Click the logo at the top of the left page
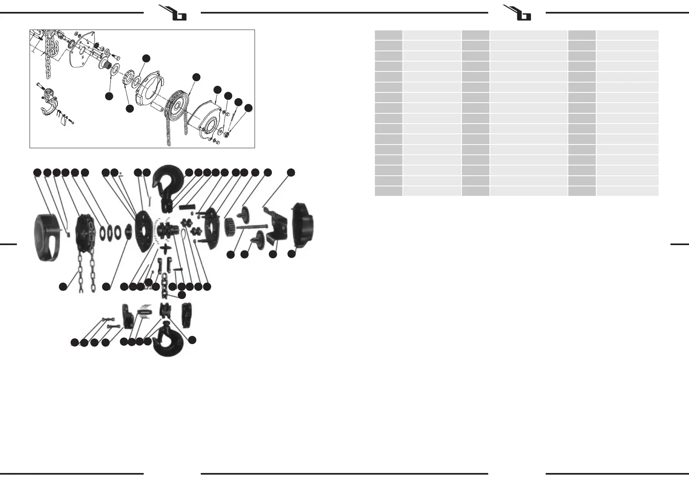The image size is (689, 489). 172,12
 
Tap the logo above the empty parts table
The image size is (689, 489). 517,12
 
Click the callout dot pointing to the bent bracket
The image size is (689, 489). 291,172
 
